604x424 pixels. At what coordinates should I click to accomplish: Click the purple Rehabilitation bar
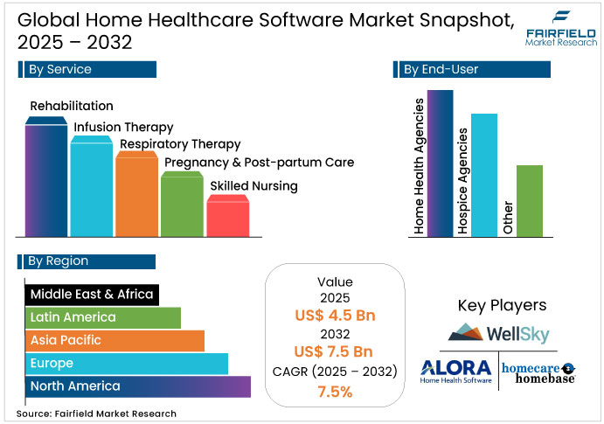(46, 179)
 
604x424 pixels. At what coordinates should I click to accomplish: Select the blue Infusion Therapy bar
(92, 187)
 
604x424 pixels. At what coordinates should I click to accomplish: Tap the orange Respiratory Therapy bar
(137, 196)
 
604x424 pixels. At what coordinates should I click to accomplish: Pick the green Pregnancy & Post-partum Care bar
(183, 205)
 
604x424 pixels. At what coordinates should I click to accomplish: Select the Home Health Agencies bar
(441, 163)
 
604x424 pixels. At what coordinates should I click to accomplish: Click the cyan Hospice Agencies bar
(483, 175)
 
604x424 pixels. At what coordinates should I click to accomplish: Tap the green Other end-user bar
(530, 201)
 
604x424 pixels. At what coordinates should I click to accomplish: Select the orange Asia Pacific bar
(114, 340)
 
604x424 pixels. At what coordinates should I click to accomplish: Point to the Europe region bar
(126, 363)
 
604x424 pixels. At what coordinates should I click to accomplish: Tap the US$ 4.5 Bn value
(335, 316)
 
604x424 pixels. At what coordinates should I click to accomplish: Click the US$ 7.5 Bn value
(335, 351)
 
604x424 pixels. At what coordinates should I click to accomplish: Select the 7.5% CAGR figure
(335, 392)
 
